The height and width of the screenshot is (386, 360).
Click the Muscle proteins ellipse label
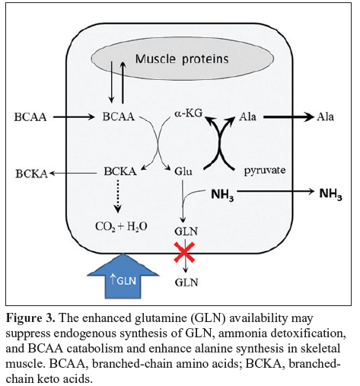(x=182, y=59)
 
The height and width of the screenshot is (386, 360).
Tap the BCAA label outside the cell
(x=30, y=117)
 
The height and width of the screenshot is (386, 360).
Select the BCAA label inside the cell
(x=119, y=116)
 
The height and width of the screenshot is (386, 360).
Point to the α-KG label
(x=189, y=113)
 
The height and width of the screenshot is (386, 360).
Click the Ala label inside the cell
(x=247, y=116)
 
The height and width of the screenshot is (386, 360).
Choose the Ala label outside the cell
(x=325, y=116)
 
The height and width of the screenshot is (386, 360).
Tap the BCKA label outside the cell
(x=32, y=174)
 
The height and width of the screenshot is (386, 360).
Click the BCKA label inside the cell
(x=120, y=171)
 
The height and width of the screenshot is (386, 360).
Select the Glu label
(x=183, y=171)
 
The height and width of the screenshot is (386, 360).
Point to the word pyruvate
(x=265, y=171)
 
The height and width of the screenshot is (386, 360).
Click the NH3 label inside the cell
(x=222, y=195)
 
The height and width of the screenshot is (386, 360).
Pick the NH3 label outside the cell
(x=330, y=194)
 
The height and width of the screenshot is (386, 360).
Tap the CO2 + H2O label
(x=121, y=226)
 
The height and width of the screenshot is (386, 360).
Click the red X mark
(x=184, y=252)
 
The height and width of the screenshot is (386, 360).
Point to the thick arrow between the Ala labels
(x=288, y=117)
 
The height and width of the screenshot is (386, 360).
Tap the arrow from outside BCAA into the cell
(x=74, y=117)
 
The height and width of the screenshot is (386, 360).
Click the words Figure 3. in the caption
(x=30, y=318)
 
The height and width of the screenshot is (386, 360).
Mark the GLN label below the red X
(x=186, y=282)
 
